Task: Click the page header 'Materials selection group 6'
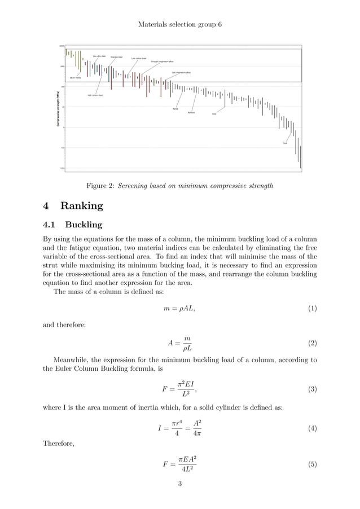(x=179, y=26)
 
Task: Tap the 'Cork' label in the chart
(x=285, y=143)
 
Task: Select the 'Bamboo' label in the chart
(x=191, y=112)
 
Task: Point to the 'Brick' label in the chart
(x=214, y=114)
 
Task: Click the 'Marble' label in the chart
(x=175, y=108)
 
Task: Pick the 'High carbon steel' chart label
(x=95, y=95)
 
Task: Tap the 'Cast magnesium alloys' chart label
(x=181, y=73)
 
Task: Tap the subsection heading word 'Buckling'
(x=84, y=225)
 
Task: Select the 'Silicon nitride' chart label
(x=76, y=77)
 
